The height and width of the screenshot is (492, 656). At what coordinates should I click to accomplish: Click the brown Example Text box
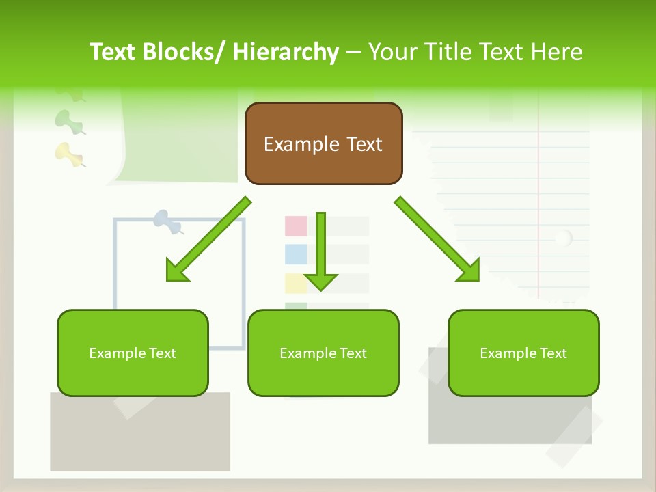click(323, 144)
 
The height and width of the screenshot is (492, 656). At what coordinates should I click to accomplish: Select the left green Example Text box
click(133, 353)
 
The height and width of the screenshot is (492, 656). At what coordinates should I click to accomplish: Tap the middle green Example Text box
click(323, 353)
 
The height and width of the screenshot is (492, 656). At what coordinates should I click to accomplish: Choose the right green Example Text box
click(523, 353)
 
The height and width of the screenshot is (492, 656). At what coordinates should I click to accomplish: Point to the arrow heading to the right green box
click(437, 239)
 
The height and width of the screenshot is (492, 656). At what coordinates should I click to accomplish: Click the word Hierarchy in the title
click(286, 52)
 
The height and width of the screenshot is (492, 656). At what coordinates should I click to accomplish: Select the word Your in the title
click(394, 52)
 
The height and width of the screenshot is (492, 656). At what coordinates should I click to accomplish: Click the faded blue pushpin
click(167, 221)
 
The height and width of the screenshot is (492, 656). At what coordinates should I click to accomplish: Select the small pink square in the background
click(296, 226)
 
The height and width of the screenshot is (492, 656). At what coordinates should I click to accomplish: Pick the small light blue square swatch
click(296, 254)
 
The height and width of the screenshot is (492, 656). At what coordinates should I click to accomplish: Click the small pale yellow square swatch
click(296, 283)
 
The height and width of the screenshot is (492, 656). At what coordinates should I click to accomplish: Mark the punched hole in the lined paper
click(562, 238)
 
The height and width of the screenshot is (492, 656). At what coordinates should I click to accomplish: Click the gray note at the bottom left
click(139, 437)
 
